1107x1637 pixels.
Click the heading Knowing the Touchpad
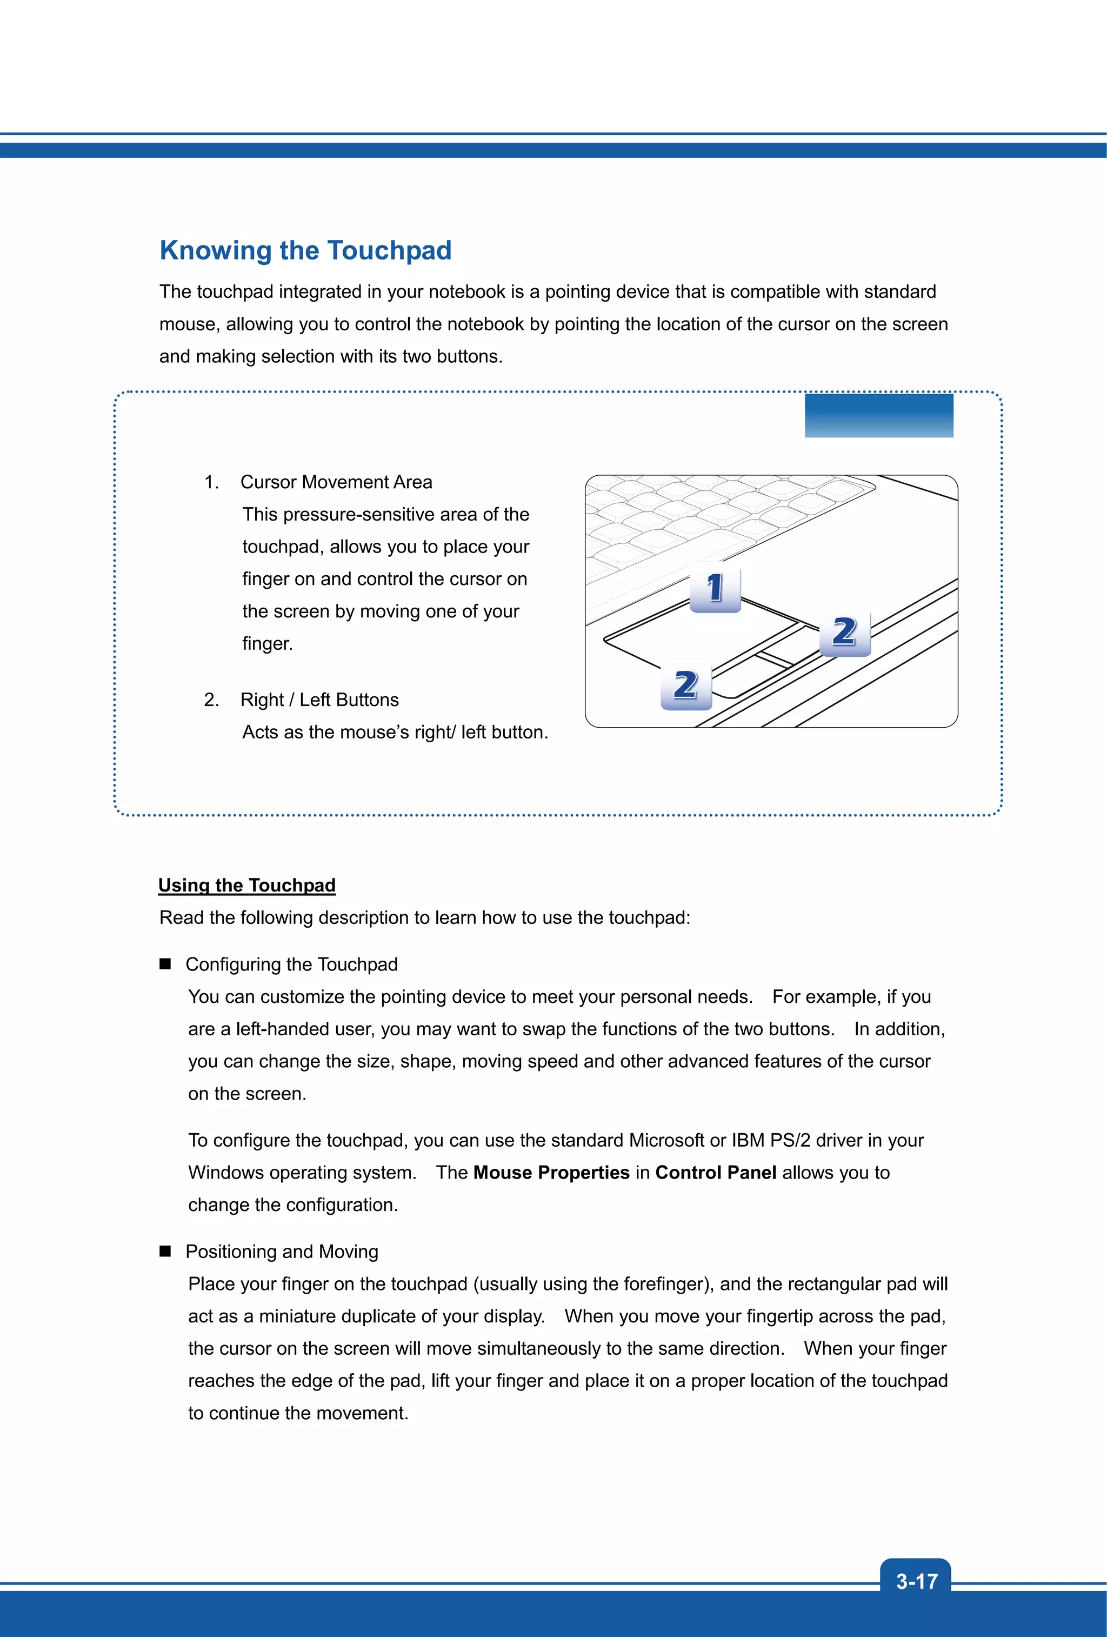pyautogui.click(x=305, y=251)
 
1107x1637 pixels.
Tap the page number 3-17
pyautogui.click(x=916, y=1581)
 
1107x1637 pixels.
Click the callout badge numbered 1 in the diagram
pyautogui.click(x=715, y=588)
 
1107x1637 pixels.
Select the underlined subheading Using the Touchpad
pyautogui.click(x=246, y=886)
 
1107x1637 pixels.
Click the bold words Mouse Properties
pyautogui.click(x=551, y=1173)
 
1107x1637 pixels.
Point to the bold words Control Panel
pyautogui.click(x=716, y=1173)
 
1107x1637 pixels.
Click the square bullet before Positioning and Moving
pyautogui.click(x=165, y=1251)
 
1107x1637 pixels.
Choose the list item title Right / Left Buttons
pyautogui.click(x=319, y=700)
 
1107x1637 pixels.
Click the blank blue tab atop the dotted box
pyautogui.click(x=879, y=416)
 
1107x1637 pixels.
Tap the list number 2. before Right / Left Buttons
pyautogui.click(x=211, y=700)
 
